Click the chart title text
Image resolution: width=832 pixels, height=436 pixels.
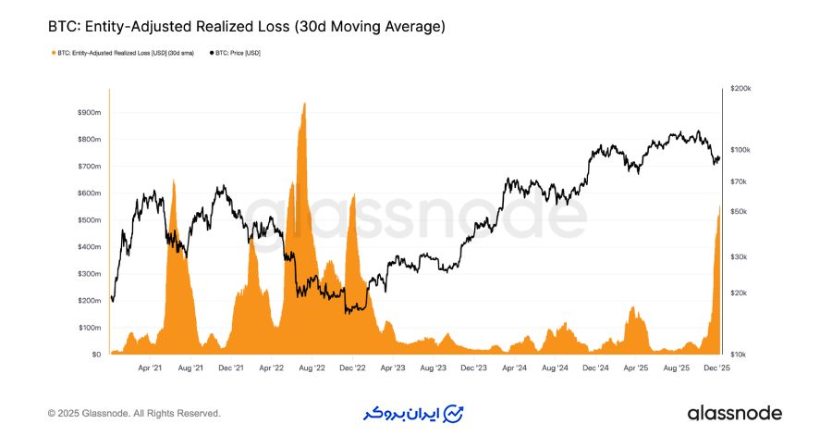[246, 27]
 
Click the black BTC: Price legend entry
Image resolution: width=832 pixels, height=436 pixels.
[239, 53]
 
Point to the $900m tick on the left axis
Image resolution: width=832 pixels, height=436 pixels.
[89, 112]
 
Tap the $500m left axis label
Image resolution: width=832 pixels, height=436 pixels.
[89, 220]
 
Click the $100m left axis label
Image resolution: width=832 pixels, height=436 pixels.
[89, 328]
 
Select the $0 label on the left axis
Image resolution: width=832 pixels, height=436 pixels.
[95, 355]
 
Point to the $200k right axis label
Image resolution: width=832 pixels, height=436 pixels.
[740, 89]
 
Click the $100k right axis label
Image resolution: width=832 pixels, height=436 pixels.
[740, 150]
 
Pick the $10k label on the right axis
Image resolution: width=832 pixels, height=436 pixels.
[739, 355]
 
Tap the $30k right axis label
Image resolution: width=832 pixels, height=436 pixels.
[739, 257]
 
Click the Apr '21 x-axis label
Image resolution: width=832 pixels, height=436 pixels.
[150, 367]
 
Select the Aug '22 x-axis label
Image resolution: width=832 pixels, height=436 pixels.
[312, 367]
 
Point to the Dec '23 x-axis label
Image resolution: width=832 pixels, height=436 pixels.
[474, 367]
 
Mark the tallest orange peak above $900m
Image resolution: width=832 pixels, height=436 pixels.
[304, 105]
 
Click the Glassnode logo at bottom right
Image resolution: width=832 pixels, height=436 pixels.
[734, 413]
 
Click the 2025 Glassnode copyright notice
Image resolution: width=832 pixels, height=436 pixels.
[134, 414]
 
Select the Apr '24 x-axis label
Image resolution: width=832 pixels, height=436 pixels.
[515, 367]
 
